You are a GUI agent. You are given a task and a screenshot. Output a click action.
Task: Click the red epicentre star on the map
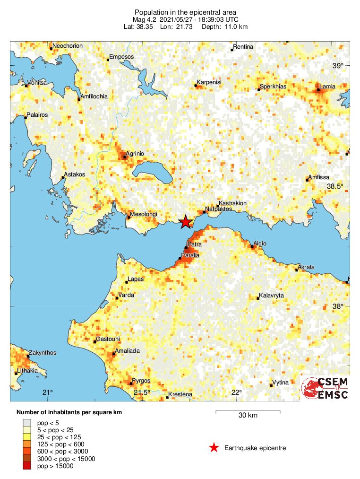tap(186, 221)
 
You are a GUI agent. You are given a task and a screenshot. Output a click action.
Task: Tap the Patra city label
tap(195, 244)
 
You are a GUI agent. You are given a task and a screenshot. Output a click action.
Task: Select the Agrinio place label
tap(135, 154)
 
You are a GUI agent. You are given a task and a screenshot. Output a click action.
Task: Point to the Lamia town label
tap(327, 87)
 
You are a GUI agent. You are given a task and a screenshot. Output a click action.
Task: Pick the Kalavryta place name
tap(271, 296)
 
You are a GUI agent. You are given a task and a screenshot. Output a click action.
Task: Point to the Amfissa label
tap(318, 177)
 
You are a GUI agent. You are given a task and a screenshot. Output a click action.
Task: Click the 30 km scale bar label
tap(248, 416)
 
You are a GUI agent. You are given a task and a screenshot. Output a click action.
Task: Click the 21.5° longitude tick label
tap(141, 392)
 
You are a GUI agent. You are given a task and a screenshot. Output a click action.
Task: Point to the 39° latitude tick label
tap(337, 66)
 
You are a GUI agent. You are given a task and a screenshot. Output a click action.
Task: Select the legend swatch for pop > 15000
tap(27, 466)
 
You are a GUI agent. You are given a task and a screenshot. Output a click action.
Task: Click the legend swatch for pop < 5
tap(27, 422)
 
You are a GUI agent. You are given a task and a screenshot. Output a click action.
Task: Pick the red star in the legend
tap(214, 448)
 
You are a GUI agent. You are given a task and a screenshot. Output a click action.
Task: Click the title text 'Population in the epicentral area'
tap(185, 12)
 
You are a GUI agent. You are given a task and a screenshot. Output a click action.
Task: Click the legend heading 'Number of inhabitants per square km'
tap(69, 412)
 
